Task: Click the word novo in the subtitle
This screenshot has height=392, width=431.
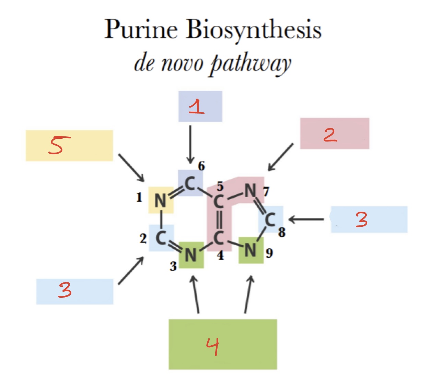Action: [x=182, y=64]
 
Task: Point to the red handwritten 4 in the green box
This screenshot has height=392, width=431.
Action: [x=212, y=346]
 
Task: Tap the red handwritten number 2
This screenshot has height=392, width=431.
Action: [x=330, y=135]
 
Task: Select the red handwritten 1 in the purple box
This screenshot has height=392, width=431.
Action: [x=197, y=107]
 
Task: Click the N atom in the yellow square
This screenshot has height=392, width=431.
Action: [x=160, y=201]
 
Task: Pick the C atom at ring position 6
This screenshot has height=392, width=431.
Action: [x=190, y=183]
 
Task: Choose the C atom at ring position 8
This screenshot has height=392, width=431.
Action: [x=270, y=220]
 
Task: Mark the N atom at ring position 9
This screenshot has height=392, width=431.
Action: [x=251, y=250]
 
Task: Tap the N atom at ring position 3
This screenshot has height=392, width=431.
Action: [x=191, y=255]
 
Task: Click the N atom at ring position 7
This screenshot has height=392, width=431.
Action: [x=251, y=190]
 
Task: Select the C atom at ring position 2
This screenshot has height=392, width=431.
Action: [x=161, y=238]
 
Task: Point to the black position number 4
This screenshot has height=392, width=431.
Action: [x=220, y=255]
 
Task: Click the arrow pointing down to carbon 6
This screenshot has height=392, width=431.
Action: [x=190, y=144]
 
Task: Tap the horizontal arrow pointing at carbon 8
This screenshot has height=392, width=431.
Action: [x=306, y=219]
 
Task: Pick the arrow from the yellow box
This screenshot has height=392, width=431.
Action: [x=131, y=168]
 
